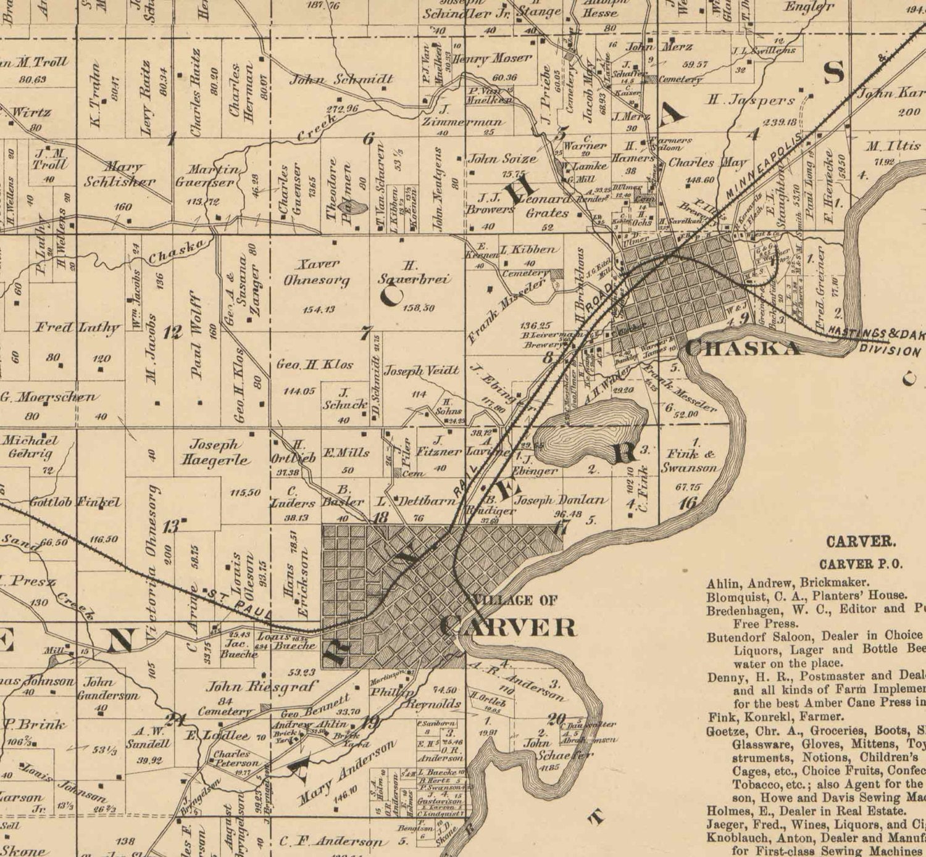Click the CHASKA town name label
(742, 348)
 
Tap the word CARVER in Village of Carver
(508, 627)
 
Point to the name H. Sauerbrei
(414, 272)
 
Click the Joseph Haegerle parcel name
(214, 452)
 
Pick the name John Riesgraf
(262, 686)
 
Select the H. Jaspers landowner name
(751, 99)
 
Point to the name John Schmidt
(341, 79)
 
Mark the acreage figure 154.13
(319, 309)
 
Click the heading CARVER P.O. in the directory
(861, 564)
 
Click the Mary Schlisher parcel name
(120, 174)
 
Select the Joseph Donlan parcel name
(560, 500)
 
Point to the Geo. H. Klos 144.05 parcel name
(315, 365)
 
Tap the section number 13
(172, 528)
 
